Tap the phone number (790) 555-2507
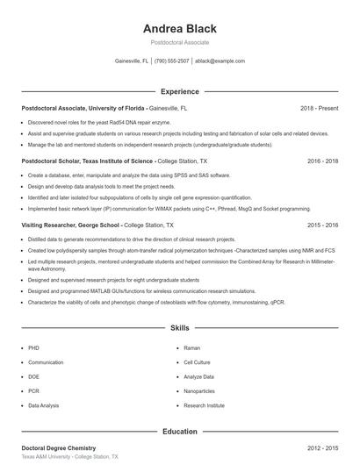point(173,61)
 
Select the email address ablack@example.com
point(220,61)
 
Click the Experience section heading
point(179,91)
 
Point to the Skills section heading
point(179,328)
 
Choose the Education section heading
point(179,432)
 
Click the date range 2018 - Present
point(319,108)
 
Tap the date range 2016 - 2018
point(322,161)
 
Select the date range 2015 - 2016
point(322,225)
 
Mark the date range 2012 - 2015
point(322,448)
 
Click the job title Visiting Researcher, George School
point(71,225)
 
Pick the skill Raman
point(191,347)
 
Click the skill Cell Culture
point(197,361)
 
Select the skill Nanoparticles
point(198,391)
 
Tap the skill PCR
point(33,391)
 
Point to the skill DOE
point(33,376)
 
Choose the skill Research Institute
point(204,406)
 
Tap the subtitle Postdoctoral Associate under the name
point(179,42)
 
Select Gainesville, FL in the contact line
point(132,61)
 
